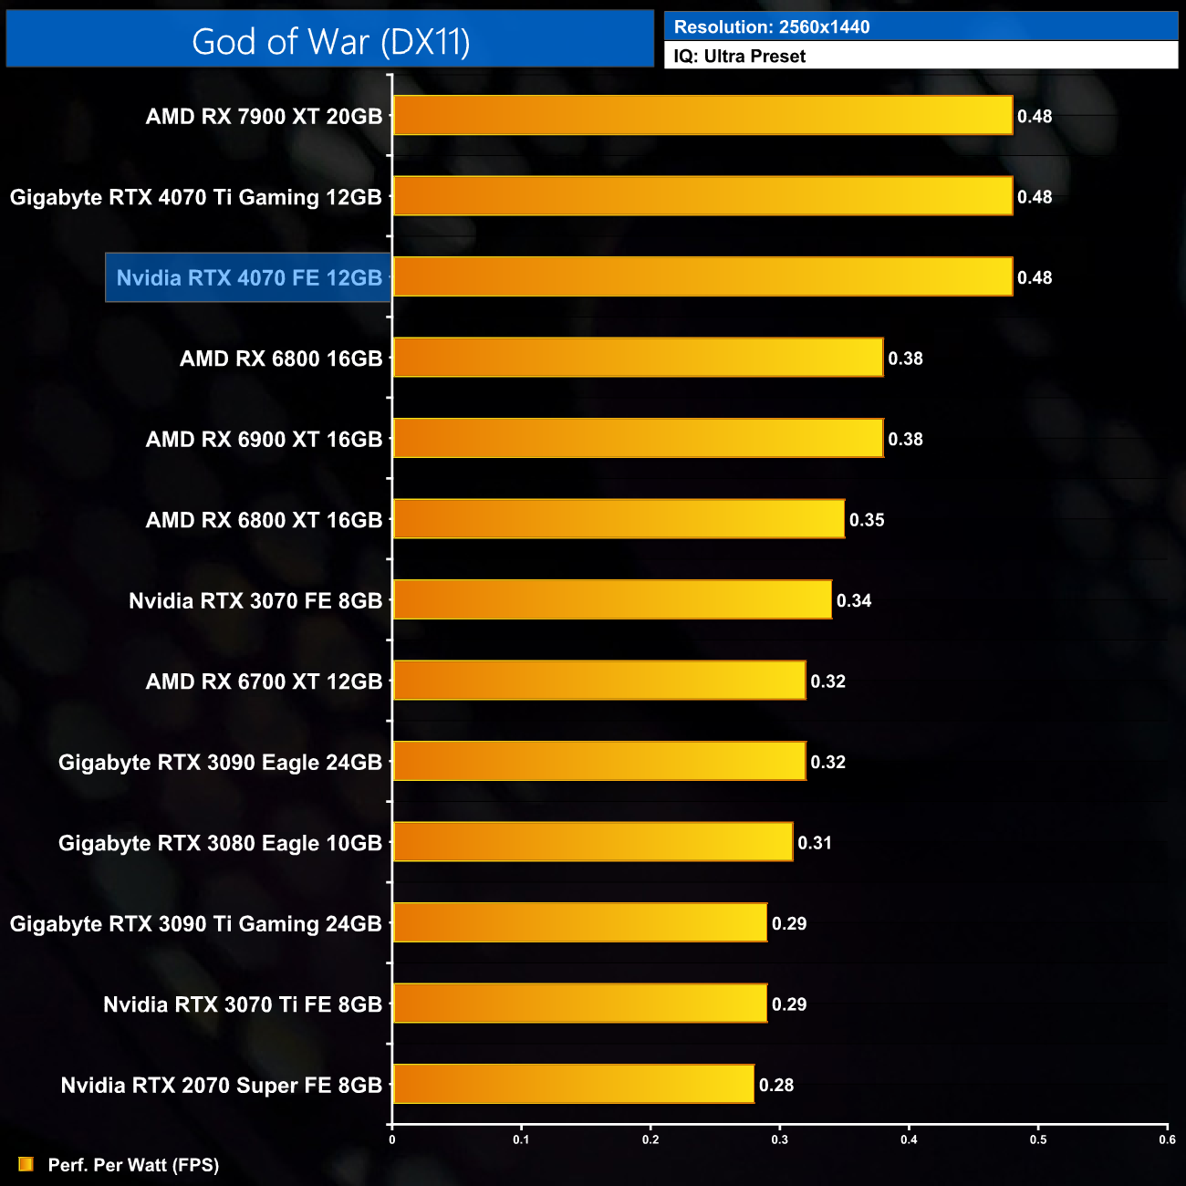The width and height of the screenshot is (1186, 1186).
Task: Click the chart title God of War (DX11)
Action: point(330,41)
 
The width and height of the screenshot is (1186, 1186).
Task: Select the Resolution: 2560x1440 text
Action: point(771,26)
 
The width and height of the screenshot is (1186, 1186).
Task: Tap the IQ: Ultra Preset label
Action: point(739,57)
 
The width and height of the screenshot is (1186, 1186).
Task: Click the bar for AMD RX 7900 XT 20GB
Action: point(702,116)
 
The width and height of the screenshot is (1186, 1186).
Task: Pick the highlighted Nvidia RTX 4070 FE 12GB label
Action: point(249,278)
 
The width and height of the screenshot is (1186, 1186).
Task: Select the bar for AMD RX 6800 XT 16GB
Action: point(619,519)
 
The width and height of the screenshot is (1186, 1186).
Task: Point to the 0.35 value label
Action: point(867,520)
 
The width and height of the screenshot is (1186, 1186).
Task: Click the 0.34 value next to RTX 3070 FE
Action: point(854,600)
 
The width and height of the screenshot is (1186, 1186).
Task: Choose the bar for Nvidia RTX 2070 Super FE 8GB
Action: point(574,1084)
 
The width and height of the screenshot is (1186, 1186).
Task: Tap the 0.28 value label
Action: point(776,1085)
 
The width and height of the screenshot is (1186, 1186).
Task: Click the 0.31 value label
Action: point(815,843)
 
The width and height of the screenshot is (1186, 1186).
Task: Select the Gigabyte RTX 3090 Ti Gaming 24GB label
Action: point(196,924)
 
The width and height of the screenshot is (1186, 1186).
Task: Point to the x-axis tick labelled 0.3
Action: point(780,1139)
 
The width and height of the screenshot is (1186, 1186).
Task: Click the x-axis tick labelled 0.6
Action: point(1167,1139)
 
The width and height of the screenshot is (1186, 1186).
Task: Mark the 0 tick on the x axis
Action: point(392,1139)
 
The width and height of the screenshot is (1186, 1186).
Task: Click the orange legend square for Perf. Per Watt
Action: point(26,1164)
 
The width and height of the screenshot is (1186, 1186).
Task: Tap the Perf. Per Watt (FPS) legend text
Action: point(133,1165)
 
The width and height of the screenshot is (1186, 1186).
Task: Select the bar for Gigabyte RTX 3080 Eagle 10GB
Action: point(593,842)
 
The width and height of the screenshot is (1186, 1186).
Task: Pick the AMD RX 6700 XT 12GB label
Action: point(264,681)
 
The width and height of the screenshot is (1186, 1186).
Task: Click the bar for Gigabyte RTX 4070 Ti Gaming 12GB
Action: point(702,196)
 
